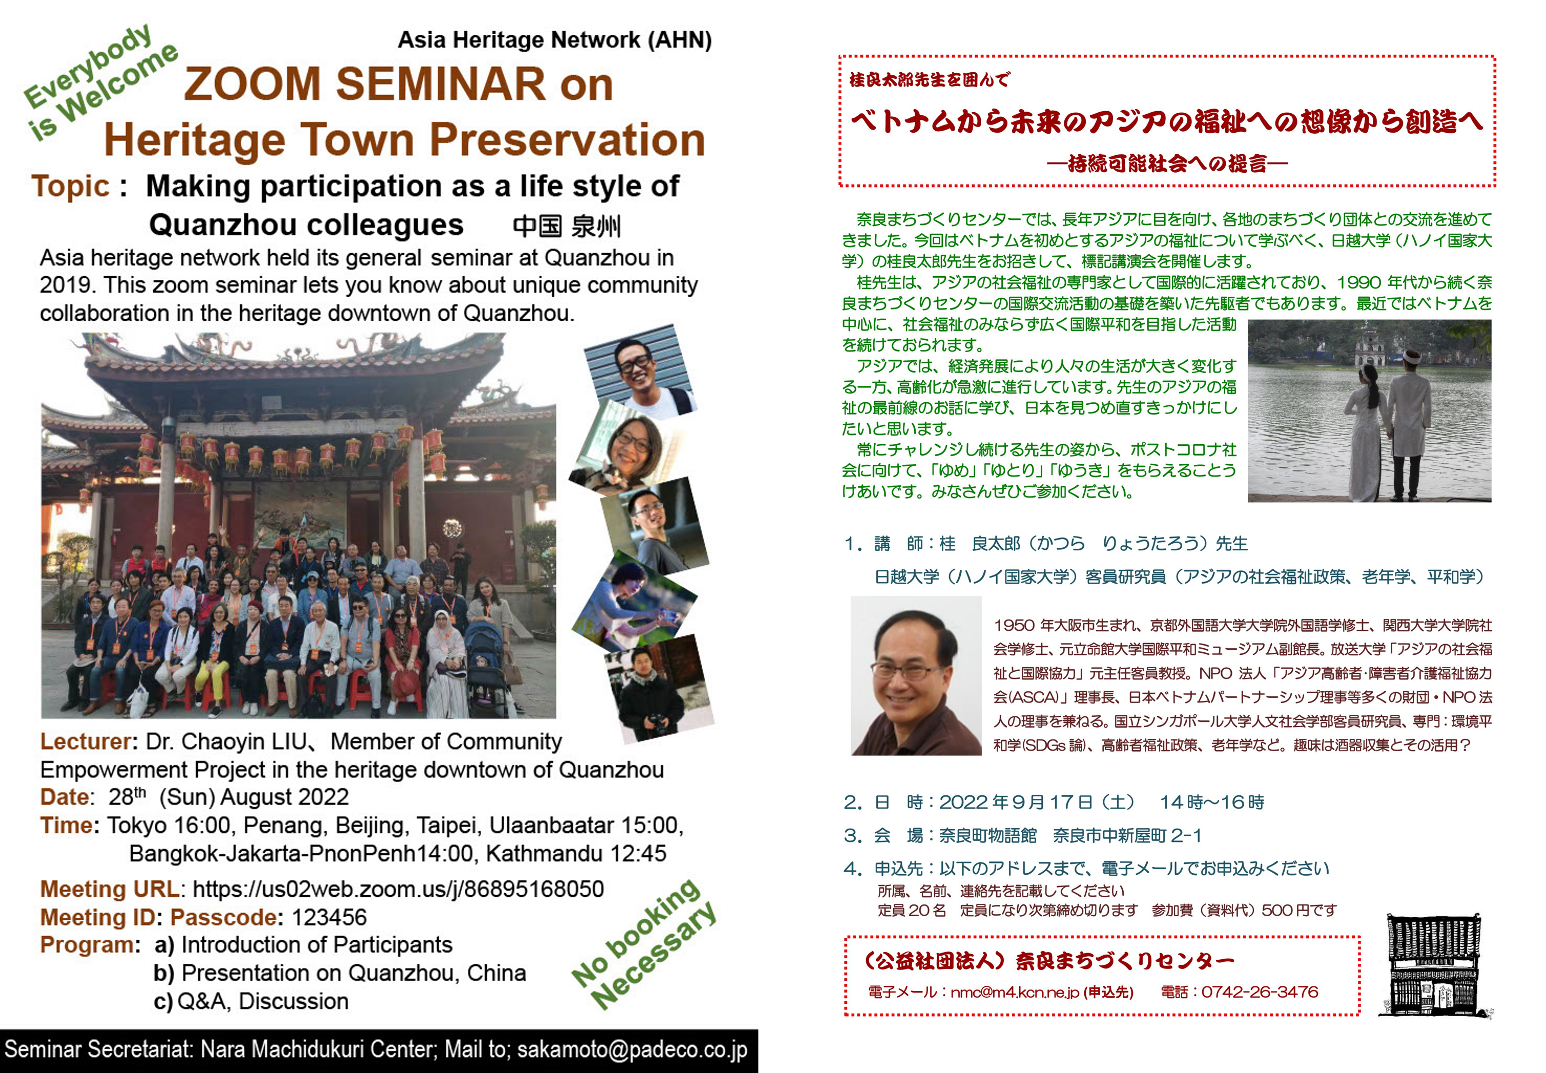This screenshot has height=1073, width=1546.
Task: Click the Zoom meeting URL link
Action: pos(398,889)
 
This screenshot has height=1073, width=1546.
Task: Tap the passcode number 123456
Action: pos(329,917)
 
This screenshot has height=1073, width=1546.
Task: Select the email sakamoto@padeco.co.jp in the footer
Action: pos(631,1049)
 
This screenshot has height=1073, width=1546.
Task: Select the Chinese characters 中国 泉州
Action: pos(567,226)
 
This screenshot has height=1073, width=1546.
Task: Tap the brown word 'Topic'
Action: pos(71,186)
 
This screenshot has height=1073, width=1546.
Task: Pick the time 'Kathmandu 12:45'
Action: pos(576,853)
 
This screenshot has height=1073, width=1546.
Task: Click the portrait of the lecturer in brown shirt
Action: pos(916,675)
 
